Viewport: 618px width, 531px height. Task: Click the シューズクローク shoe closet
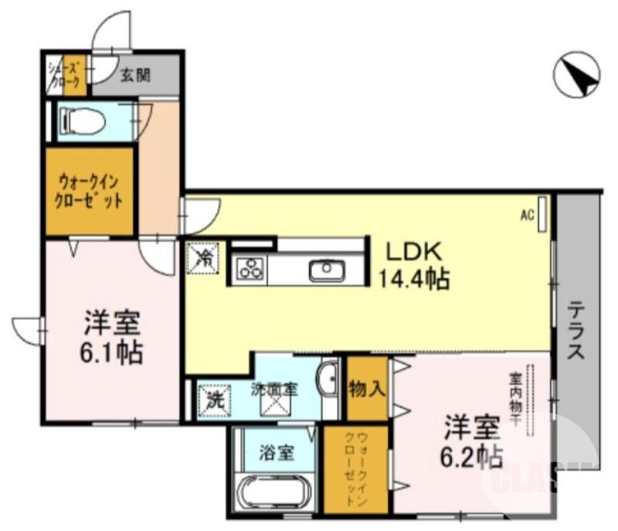[x=65, y=76]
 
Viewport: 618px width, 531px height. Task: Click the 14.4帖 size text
[x=414, y=278]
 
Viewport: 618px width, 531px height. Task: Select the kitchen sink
[x=326, y=270]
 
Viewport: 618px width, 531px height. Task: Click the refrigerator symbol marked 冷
[x=205, y=257]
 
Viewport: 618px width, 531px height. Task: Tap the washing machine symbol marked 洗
[x=212, y=401]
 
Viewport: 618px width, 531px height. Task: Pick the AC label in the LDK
[x=527, y=216]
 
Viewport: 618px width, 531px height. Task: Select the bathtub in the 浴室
[x=274, y=492]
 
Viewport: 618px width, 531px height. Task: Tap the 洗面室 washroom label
[x=274, y=390]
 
